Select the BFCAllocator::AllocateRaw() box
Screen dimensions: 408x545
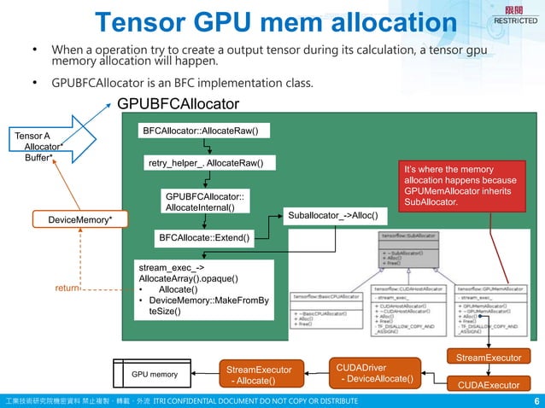(204, 131)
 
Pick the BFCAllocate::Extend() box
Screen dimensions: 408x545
(204, 236)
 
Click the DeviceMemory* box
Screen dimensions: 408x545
(79, 220)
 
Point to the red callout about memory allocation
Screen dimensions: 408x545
(460, 186)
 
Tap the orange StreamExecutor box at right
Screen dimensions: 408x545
(489, 356)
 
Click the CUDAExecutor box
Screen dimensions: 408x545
(489, 385)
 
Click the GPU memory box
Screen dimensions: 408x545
(155, 374)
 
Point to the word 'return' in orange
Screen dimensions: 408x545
(67, 289)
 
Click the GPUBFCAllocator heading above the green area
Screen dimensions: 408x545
(178, 104)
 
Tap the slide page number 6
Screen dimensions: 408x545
(536, 401)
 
